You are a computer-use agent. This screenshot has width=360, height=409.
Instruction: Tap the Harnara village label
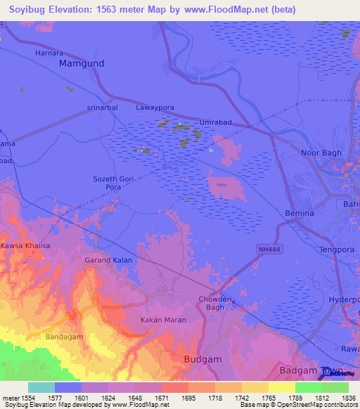click(x=49, y=53)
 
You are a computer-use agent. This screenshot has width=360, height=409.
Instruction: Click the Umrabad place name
click(x=216, y=122)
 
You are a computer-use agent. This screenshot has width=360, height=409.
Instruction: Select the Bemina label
click(x=299, y=212)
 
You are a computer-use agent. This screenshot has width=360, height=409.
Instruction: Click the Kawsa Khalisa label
click(x=25, y=245)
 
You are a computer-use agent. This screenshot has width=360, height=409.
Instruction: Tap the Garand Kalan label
click(x=108, y=260)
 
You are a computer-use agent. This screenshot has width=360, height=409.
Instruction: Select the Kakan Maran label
click(x=163, y=320)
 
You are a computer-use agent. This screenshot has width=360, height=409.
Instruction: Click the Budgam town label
click(x=202, y=359)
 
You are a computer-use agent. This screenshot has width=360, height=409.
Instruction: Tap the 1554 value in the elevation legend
click(x=28, y=398)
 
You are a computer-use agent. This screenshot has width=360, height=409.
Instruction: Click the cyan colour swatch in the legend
click(x=41, y=387)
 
